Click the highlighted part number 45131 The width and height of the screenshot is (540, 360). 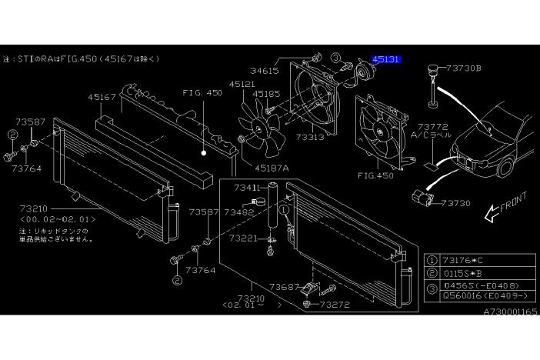(x=385, y=58)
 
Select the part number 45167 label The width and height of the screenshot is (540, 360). (x=102, y=98)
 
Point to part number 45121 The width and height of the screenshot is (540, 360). (x=242, y=84)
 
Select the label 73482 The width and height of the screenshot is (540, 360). (x=239, y=211)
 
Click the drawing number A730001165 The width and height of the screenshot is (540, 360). (x=510, y=313)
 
